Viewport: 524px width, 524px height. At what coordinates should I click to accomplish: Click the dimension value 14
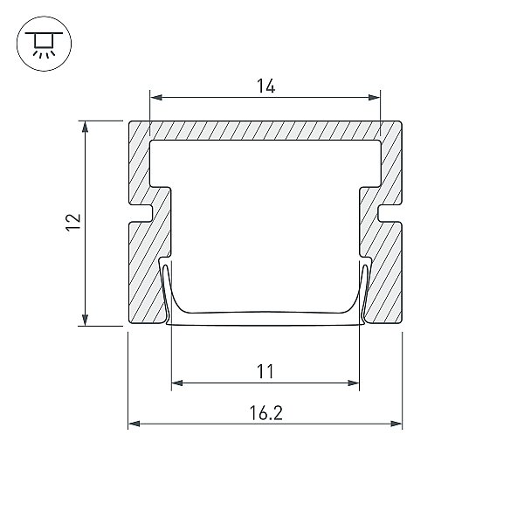click(265, 86)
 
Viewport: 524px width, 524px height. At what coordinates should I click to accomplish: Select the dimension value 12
click(73, 222)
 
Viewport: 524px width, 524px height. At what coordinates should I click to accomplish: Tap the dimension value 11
click(265, 371)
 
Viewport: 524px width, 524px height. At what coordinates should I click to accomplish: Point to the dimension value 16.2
click(266, 413)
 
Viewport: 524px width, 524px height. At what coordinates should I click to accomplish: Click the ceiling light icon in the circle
click(44, 45)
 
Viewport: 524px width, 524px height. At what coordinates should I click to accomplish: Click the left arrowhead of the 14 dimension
click(156, 97)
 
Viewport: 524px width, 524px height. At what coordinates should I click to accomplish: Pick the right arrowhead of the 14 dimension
click(374, 97)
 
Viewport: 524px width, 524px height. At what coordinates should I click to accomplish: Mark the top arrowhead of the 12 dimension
click(86, 127)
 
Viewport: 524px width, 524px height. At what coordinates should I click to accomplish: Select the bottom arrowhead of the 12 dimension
click(86, 320)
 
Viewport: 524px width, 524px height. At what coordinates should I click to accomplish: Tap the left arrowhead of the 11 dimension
click(177, 383)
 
